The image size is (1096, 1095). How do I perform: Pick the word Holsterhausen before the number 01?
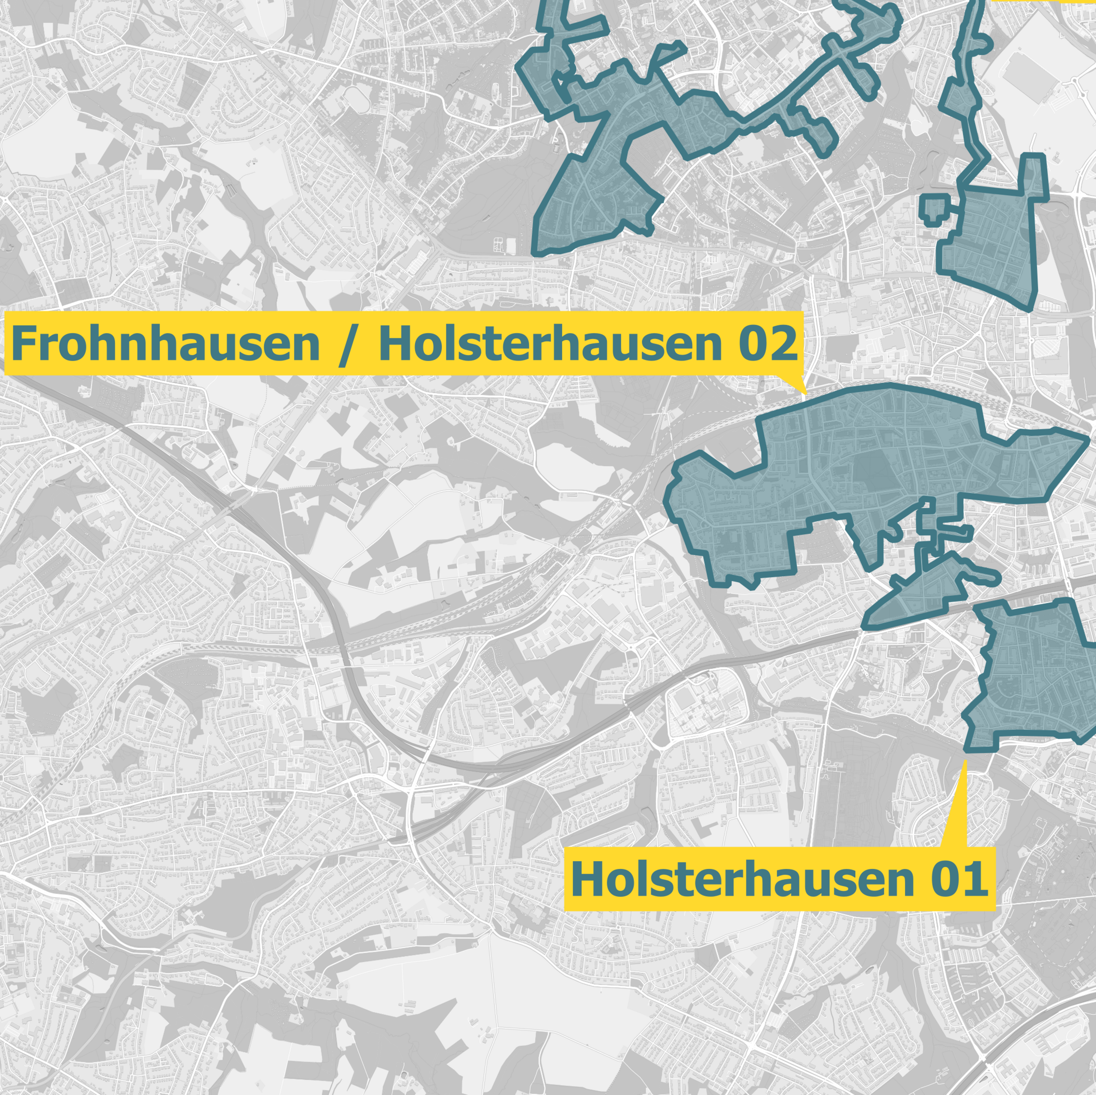(x=742, y=879)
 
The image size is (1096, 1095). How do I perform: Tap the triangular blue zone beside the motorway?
(x=919, y=596)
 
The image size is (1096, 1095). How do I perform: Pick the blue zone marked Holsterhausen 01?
(x=1033, y=675)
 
